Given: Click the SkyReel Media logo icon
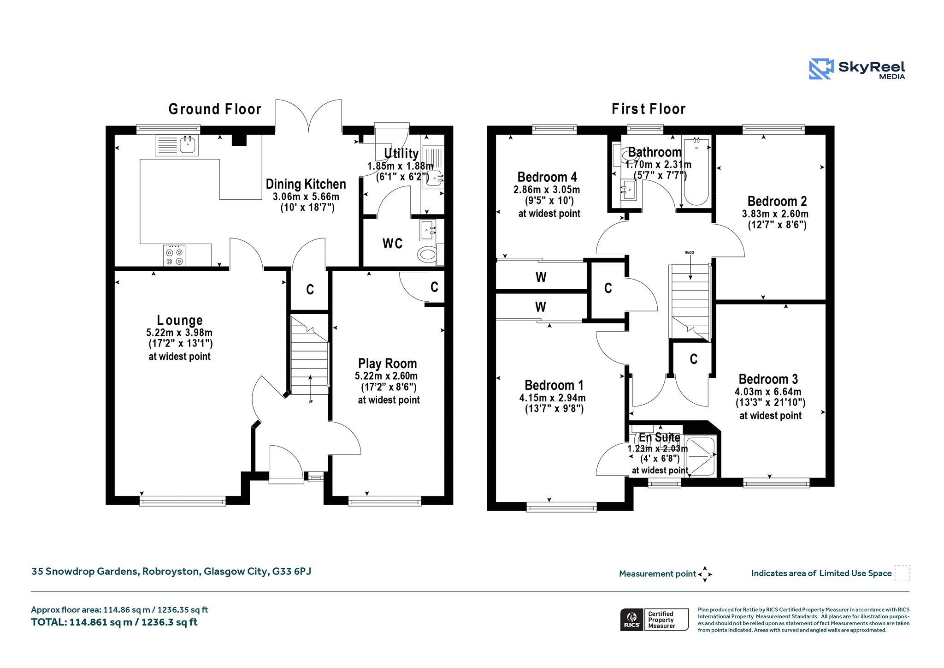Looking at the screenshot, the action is [x=821, y=69].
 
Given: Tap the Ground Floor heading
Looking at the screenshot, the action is [x=215, y=109].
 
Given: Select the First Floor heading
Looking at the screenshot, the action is [x=649, y=109].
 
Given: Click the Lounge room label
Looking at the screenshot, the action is [x=180, y=320].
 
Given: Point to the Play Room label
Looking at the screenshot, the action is [x=387, y=364].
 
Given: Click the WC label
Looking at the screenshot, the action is [x=393, y=244].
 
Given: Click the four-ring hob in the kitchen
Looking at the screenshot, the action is [x=174, y=256].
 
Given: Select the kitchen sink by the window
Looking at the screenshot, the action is [x=177, y=145].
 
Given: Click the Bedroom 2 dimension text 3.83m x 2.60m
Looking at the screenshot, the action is [x=775, y=214].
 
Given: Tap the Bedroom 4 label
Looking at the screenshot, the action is [x=547, y=177].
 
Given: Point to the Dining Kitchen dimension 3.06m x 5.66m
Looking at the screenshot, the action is [x=306, y=197].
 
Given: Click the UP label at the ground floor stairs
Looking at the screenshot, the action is [x=311, y=401].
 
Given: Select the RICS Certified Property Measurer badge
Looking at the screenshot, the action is [x=655, y=620].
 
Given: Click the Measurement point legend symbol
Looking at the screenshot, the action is [x=705, y=574].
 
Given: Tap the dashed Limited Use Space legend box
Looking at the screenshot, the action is [x=902, y=573].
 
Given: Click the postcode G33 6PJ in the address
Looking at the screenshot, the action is [x=292, y=572].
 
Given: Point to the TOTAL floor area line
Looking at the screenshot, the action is [x=114, y=622].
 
